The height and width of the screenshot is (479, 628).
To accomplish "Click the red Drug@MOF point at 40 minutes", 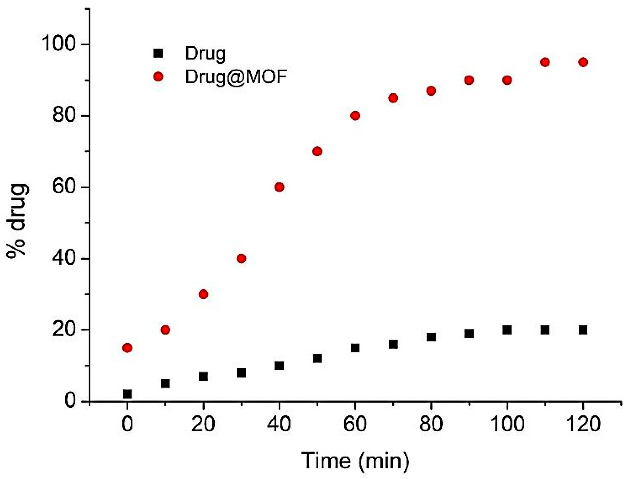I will (279, 187).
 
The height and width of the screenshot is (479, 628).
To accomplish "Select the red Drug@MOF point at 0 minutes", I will (127, 348).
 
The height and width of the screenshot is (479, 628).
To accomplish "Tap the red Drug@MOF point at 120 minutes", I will (583, 62).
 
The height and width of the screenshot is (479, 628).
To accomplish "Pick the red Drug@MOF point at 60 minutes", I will (355, 116).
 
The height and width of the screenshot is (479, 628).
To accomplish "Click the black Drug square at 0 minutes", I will (127, 394).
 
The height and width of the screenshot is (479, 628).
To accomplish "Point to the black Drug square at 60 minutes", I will (355, 348).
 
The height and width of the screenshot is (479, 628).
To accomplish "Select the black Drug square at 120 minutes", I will (583, 330).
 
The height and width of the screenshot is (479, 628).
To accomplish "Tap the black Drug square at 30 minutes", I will (241, 373).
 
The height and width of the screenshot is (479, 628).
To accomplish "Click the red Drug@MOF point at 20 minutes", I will (203, 294).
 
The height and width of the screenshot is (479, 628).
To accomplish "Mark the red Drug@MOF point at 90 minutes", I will (469, 80).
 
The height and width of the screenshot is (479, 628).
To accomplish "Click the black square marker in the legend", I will (158, 53).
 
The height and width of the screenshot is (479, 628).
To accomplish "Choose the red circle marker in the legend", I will (158, 77).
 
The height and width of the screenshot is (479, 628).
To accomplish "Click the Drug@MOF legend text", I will (236, 77).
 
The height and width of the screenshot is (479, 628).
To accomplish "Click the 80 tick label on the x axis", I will (431, 424).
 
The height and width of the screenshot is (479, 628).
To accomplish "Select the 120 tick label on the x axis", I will (583, 424).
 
